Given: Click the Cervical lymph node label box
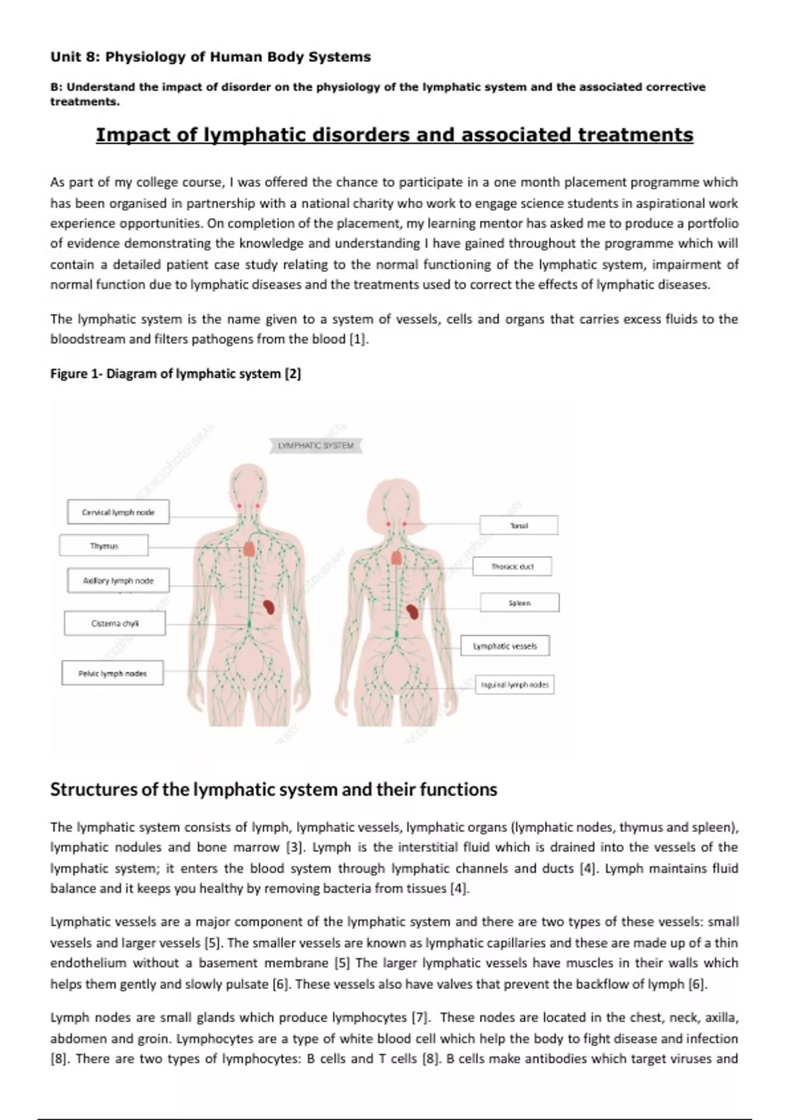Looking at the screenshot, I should point(118,512).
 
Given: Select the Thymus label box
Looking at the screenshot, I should point(103,546).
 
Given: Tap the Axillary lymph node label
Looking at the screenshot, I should point(118,580).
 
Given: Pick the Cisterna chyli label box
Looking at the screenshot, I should point(115,623).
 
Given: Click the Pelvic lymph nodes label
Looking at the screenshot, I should point(112,673).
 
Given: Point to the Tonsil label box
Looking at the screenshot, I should point(519,525).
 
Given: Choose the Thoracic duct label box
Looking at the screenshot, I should point(512,567).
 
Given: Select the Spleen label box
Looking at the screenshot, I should point(519,603).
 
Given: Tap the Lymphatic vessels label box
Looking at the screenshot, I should point(505,646).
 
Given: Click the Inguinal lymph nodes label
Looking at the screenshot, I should point(514,685).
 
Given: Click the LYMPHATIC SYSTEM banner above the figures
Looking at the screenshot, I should point(315,446).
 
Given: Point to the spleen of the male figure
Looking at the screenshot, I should point(269,607).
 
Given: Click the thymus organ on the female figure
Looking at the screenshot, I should point(396,557).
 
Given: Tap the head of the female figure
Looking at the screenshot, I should point(398,504).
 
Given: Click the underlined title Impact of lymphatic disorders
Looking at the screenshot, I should point(394,135).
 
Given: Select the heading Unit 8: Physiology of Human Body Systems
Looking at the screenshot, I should point(211,57).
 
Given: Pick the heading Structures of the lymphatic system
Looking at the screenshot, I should point(273,789).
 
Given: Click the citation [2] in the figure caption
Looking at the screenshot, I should point(293,374).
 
